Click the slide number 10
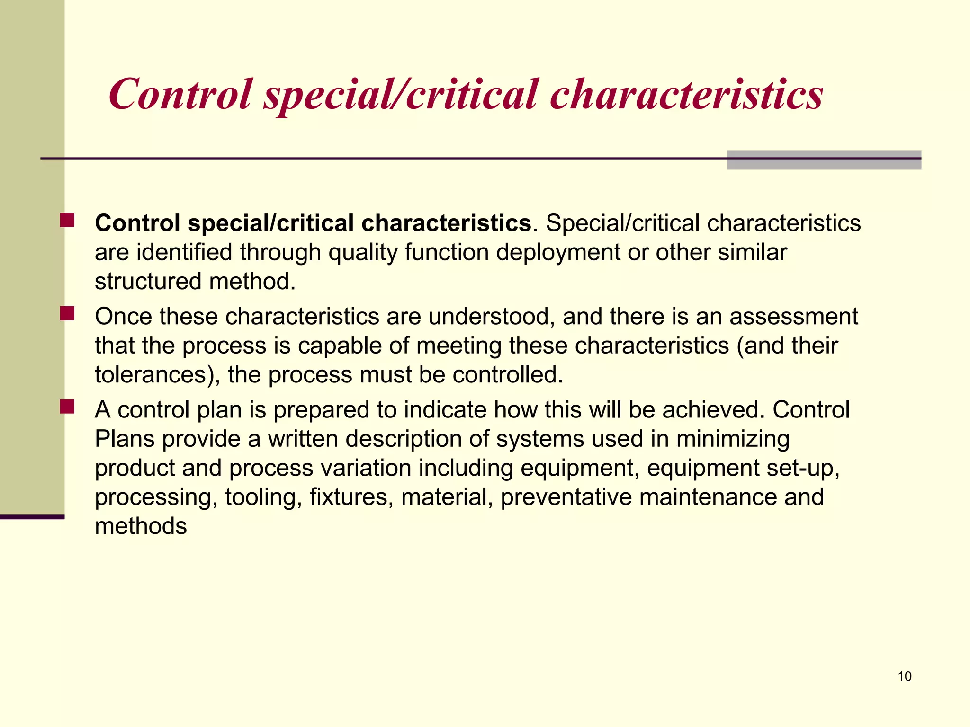tap(904, 676)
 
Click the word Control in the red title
tap(180, 94)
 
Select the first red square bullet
tap(67, 221)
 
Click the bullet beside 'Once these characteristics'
tap(67, 314)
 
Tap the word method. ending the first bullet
tap(252, 281)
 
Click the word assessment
tap(793, 316)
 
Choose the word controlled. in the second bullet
tap(508, 374)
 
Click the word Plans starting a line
tap(125, 439)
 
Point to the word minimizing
tap(733, 440)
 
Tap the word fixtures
tap(351, 497)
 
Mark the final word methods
tap(141, 526)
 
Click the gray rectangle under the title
tap(824, 160)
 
